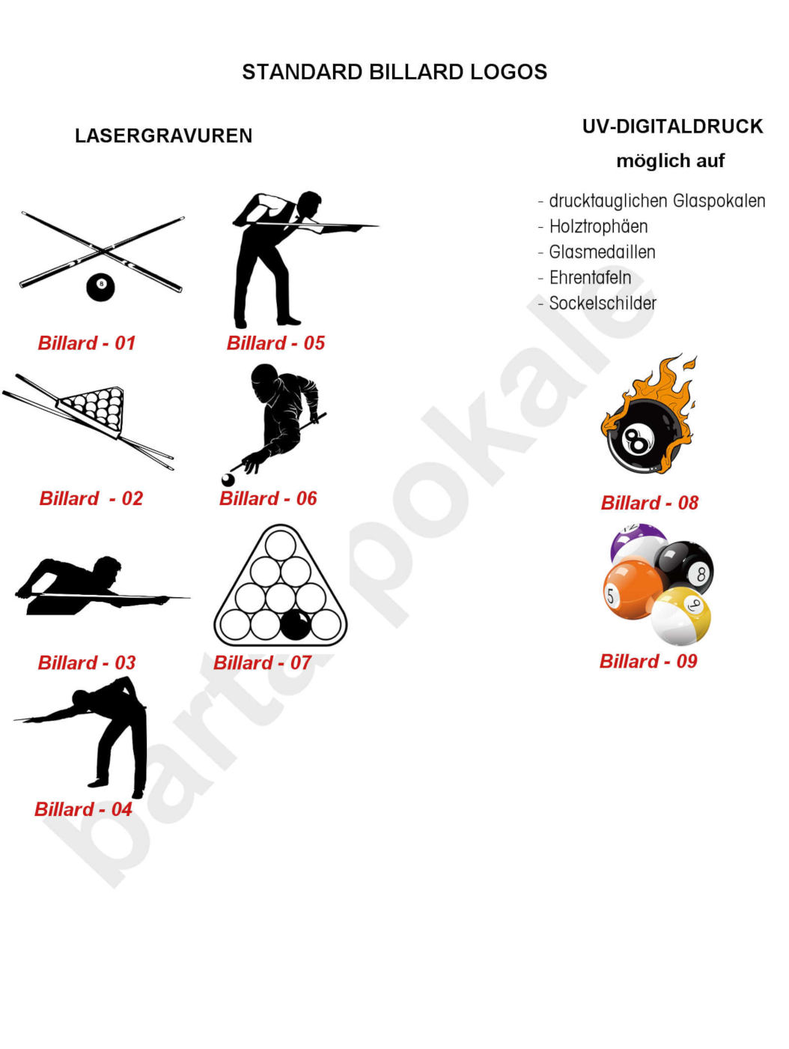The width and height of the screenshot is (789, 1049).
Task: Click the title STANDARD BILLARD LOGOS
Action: (x=394, y=72)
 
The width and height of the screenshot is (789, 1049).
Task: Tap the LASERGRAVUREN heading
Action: (x=163, y=136)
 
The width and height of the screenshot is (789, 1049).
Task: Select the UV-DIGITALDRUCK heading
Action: (x=672, y=127)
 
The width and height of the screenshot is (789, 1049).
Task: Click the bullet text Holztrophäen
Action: (x=598, y=226)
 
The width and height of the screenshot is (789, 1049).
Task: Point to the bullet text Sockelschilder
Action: (x=603, y=303)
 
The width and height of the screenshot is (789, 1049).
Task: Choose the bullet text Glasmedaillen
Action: (x=602, y=252)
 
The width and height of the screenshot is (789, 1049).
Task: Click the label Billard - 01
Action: (x=87, y=343)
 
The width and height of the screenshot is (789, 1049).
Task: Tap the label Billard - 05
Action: (x=275, y=343)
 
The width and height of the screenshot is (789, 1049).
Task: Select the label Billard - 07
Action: (x=262, y=662)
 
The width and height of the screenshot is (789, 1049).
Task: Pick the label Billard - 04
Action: (x=83, y=809)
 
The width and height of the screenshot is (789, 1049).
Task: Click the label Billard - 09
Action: (x=648, y=661)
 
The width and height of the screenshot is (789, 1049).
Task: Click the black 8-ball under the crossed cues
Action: (x=100, y=285)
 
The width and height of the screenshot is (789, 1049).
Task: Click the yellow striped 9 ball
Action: (x=681, y=616)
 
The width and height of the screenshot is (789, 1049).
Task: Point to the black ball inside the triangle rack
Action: (x=296, y=624)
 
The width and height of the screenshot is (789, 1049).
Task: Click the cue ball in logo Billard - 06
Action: (x=228, y=480)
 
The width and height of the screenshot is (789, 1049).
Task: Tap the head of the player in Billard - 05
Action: (x=308, y=204)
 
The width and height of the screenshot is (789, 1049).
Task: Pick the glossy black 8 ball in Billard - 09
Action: (x=686, y=567)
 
